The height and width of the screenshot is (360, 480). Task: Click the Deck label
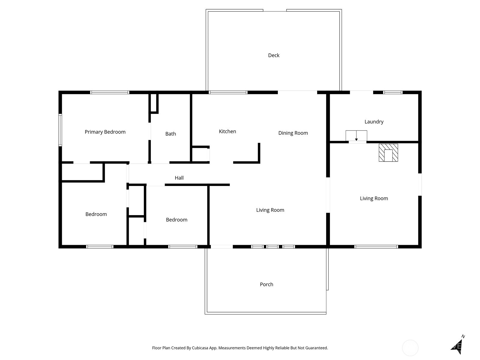tap(274, 55)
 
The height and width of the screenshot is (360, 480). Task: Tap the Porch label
tap(266, 284)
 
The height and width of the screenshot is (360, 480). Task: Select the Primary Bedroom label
tap(105, 132)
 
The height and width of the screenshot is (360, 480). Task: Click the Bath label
tap(170, 134)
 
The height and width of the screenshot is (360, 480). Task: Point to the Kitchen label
tap(227, 131)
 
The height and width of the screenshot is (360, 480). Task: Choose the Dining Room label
tap(293, 133)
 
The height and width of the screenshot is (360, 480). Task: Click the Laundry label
tap(374, 121)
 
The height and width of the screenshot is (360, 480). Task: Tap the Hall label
tap(179, 178)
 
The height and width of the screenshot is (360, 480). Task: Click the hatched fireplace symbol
tap(388, 153)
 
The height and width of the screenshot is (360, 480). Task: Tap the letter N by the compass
tap(463, 337)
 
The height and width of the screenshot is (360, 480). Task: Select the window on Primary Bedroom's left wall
tap(60, 130)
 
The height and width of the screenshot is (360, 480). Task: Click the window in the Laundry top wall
tap(393, 92)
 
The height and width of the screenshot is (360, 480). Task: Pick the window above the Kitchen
tap(228, 92)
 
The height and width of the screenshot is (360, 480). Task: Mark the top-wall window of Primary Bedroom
tap(110, 92)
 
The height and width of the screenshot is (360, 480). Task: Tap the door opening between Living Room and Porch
tap(222, 247)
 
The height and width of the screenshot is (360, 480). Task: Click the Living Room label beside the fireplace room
tap(374, 198)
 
